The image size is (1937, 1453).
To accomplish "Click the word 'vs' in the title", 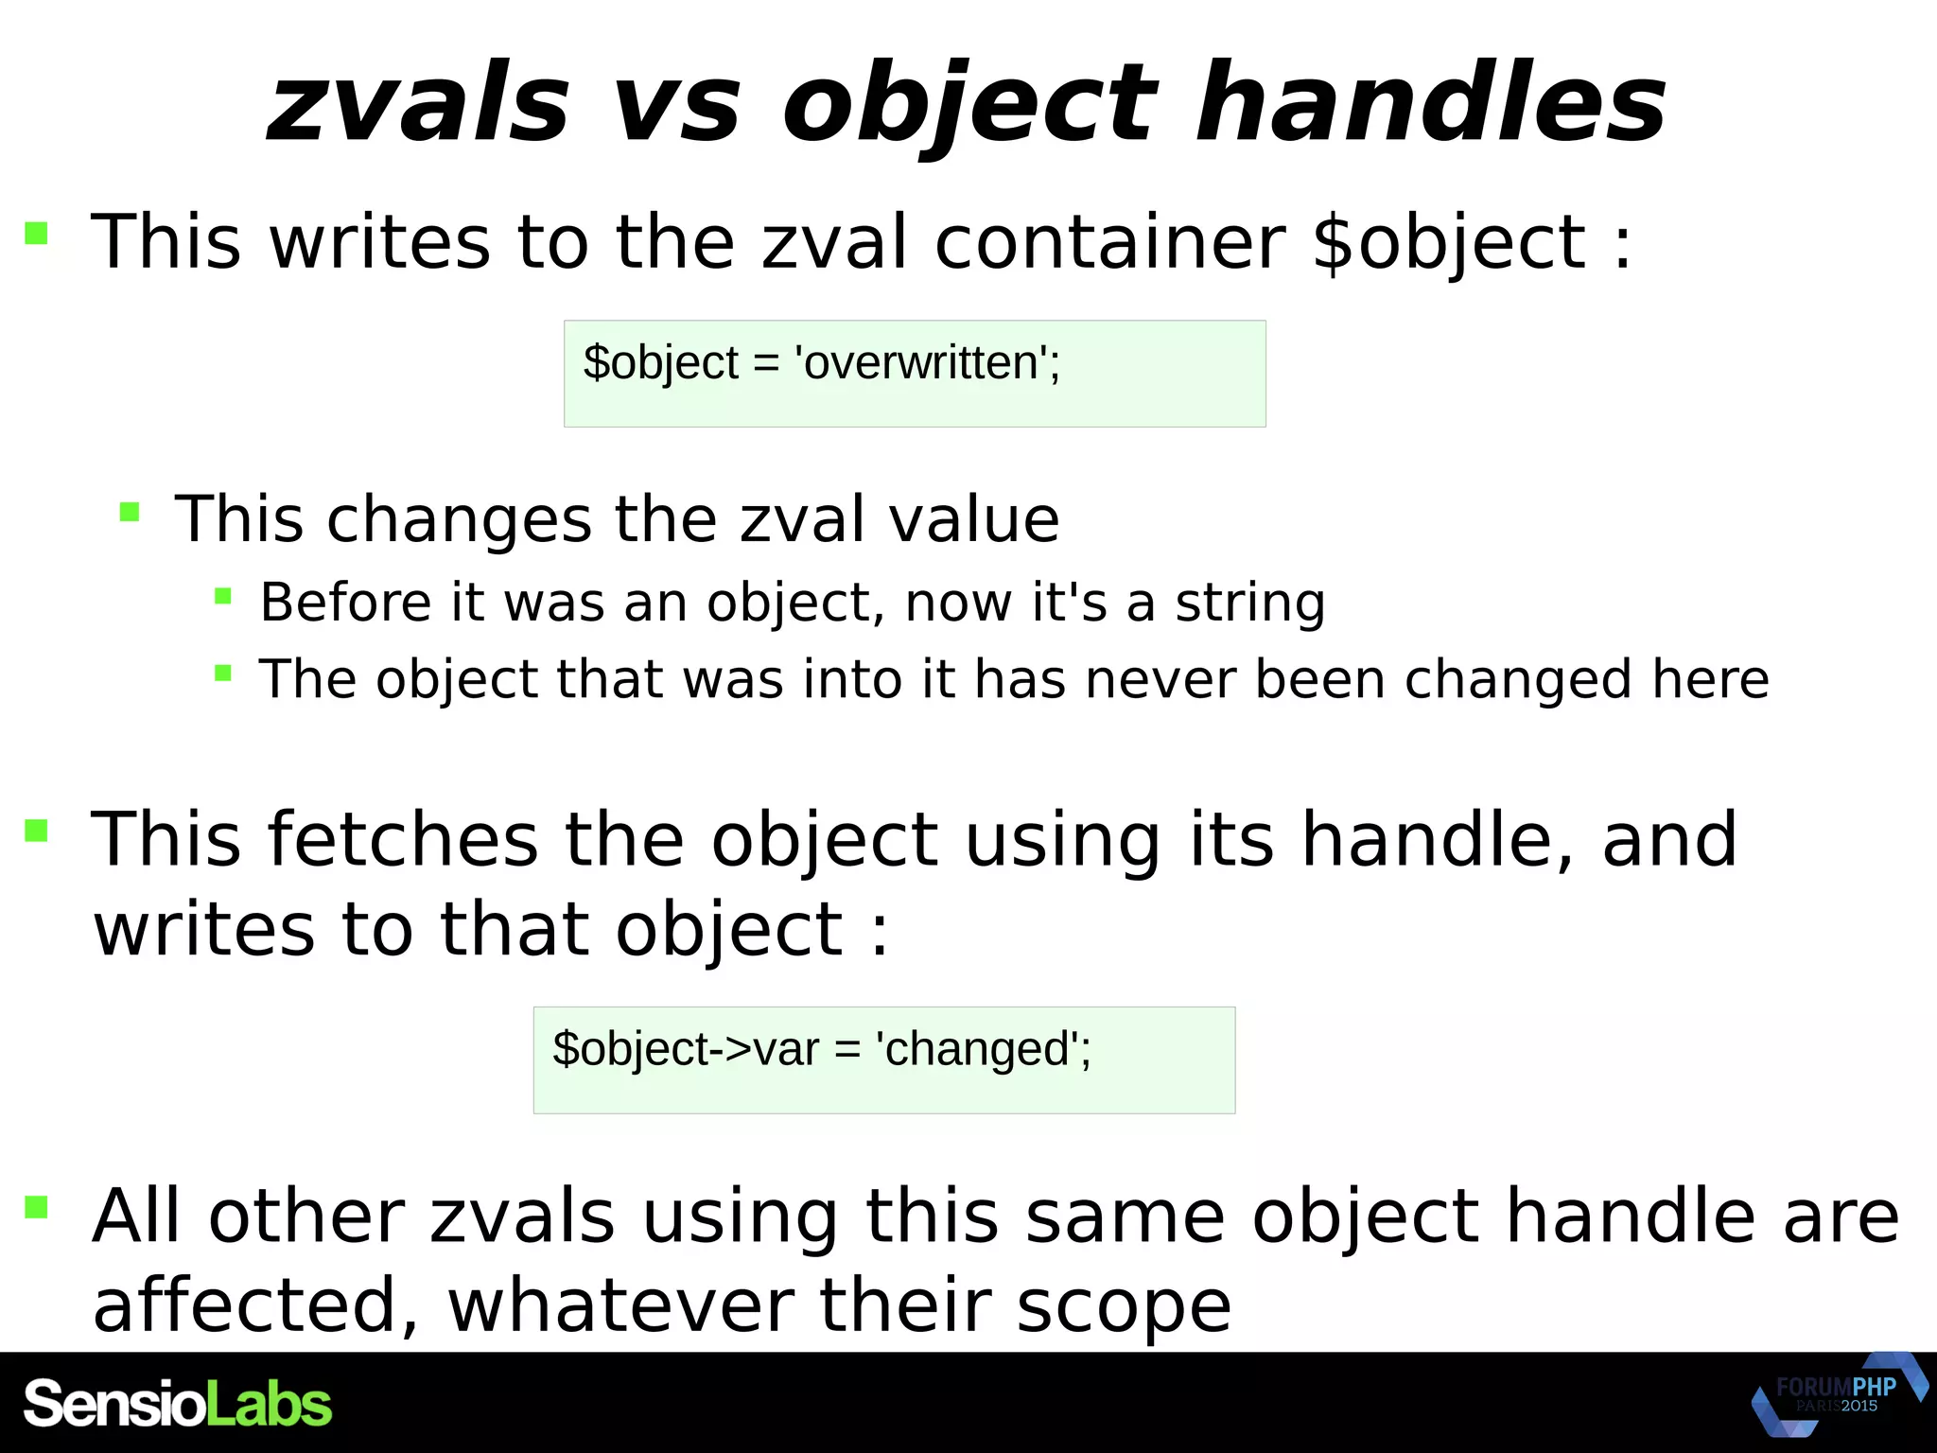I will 676,104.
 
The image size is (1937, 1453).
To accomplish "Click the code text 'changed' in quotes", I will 979,1049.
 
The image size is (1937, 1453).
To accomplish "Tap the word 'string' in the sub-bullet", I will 1249,603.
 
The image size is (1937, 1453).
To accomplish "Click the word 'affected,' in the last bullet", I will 255,1305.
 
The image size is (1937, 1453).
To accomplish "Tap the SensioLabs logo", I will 178,1404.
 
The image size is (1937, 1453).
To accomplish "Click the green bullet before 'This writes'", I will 36,234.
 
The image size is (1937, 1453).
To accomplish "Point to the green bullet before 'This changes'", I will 130,514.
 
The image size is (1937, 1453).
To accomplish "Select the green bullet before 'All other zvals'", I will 36,1207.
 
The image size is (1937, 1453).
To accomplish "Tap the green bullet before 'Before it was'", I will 223,597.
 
